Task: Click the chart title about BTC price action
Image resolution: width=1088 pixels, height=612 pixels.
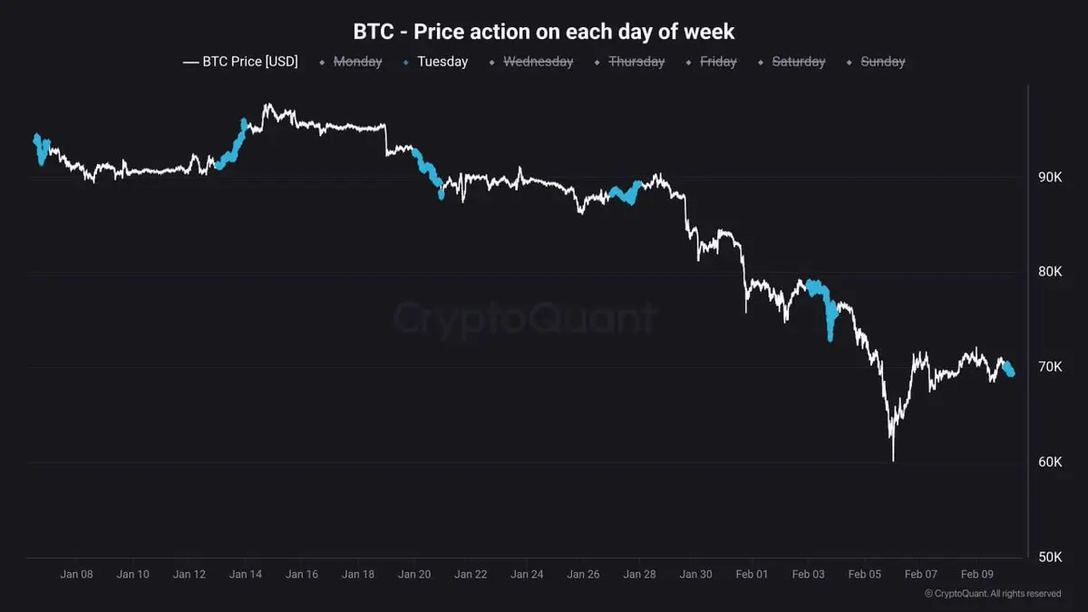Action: point(544,32)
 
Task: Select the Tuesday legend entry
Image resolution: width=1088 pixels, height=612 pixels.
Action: point(442,62)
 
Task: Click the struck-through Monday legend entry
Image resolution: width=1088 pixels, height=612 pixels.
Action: point(356,62)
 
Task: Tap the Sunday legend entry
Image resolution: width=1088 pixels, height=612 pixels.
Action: point(882,62)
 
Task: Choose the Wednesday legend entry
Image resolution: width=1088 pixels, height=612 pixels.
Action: point(538,62)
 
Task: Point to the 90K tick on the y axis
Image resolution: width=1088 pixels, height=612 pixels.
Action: point(1051,177)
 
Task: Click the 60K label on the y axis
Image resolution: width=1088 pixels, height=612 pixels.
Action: point(1051,462)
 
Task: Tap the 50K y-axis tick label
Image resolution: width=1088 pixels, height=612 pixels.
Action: point(1051,557)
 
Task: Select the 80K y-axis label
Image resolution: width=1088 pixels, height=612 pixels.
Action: point(1051,272)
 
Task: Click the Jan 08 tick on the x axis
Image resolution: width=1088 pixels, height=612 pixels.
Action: point(76,574)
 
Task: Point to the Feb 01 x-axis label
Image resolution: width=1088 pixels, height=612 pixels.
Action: point(752,574)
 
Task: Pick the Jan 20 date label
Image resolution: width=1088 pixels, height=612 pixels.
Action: point(414,574)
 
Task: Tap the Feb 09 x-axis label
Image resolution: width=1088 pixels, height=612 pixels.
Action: point(976,574)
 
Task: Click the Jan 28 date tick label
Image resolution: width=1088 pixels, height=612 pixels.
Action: point(639,574)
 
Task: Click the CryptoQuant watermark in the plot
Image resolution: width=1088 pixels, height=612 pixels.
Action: point(524,319)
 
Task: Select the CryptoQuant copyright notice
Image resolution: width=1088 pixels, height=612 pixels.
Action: point(993,594)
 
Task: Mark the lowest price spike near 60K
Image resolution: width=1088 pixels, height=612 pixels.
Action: point(893,458)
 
